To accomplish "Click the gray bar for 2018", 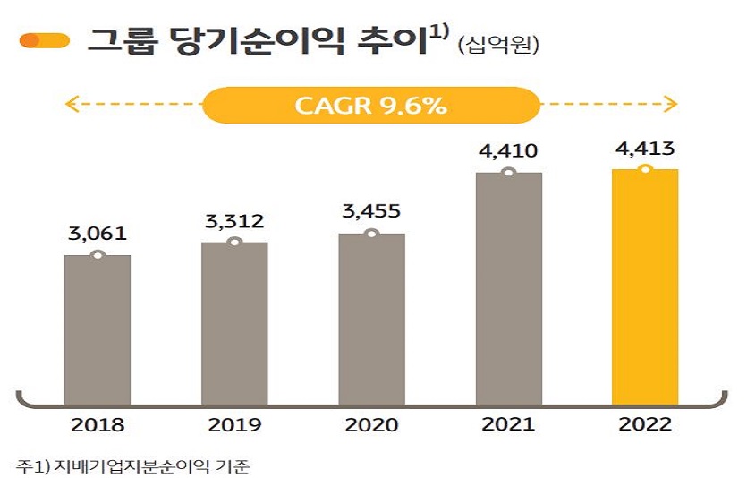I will point(98,329).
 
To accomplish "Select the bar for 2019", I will point(234,323).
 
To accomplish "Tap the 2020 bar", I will point(371,319).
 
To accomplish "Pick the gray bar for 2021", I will point(508,287).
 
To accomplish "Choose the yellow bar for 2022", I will point(645,286).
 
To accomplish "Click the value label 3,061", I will point(98,235).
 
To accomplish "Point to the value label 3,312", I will point(234,221).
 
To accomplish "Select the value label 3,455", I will point(371,212).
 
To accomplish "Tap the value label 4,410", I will point(508,150).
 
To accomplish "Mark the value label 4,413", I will point(645,149).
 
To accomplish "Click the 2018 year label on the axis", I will point(98,425).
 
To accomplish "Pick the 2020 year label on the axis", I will point(371,425).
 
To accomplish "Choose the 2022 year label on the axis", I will point(645,425).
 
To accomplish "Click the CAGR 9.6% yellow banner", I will point(370,105).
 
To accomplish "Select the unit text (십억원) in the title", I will point(498,44).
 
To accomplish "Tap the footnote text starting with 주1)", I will point(134,465).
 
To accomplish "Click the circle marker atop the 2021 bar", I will point(508,171).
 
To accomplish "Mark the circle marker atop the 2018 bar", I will point(98,255).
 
